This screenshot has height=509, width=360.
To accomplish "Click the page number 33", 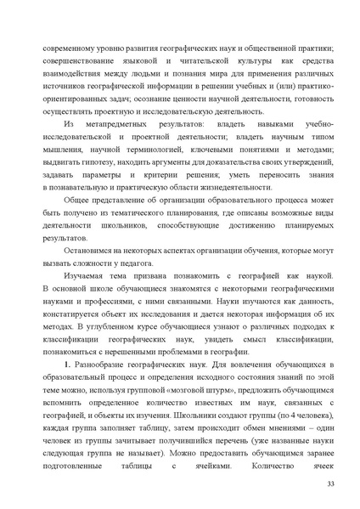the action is point(330,484).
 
